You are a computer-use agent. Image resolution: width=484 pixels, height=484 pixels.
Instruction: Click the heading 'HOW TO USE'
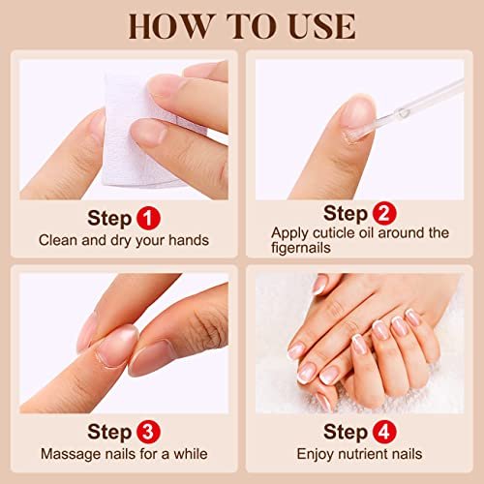[242, 26]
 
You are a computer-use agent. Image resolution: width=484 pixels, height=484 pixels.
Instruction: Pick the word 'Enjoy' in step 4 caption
[317, 453]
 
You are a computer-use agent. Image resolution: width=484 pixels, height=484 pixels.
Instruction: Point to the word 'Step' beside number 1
[107, 216]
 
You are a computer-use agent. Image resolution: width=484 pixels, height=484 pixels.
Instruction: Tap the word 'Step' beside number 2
[345, 212]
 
